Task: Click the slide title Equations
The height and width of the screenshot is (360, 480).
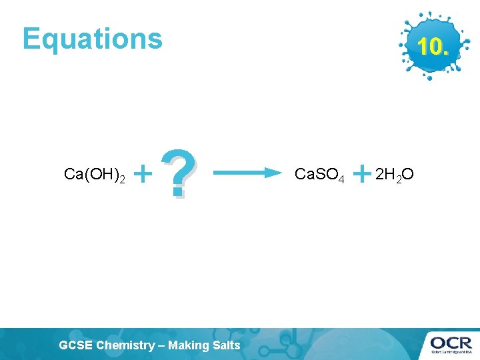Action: pos(92,39)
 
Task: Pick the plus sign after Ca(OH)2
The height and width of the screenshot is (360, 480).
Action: pos(143,175)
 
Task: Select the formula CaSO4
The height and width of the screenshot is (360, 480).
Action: pos(319,175)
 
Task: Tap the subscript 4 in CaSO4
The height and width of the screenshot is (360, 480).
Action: pos(341,179)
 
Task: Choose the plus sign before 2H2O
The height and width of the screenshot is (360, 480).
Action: pos(361,175)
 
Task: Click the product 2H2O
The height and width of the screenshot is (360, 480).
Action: pos(395,175)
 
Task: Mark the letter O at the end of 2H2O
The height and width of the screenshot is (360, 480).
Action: pos(408,175)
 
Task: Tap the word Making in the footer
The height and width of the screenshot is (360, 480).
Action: pos(190,345)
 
